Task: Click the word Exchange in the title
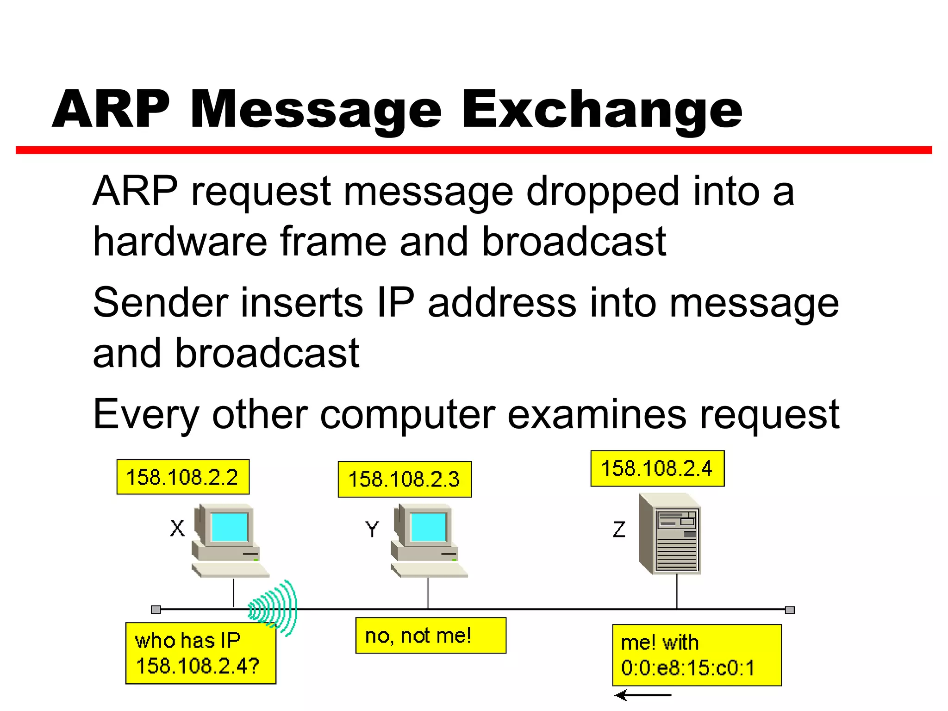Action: (602, 110)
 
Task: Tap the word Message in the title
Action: (316, 110)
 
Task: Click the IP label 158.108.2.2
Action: (182, 477)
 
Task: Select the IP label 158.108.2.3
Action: (404, 479)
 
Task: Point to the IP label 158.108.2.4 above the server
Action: (657, 468)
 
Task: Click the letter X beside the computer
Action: (177, 528)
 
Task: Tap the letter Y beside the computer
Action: (372, 529)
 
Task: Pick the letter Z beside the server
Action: (619, 529)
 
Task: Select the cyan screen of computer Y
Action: (429, 527)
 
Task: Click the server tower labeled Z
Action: (670, 535)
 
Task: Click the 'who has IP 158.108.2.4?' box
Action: (200, 653)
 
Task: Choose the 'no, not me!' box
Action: (430, 636)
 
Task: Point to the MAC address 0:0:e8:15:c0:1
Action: (688, 668)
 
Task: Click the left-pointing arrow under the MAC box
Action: (642, 695)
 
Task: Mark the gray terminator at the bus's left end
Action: (156, 610)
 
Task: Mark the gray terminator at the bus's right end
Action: (790, 610)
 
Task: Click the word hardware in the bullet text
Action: (180, 242)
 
